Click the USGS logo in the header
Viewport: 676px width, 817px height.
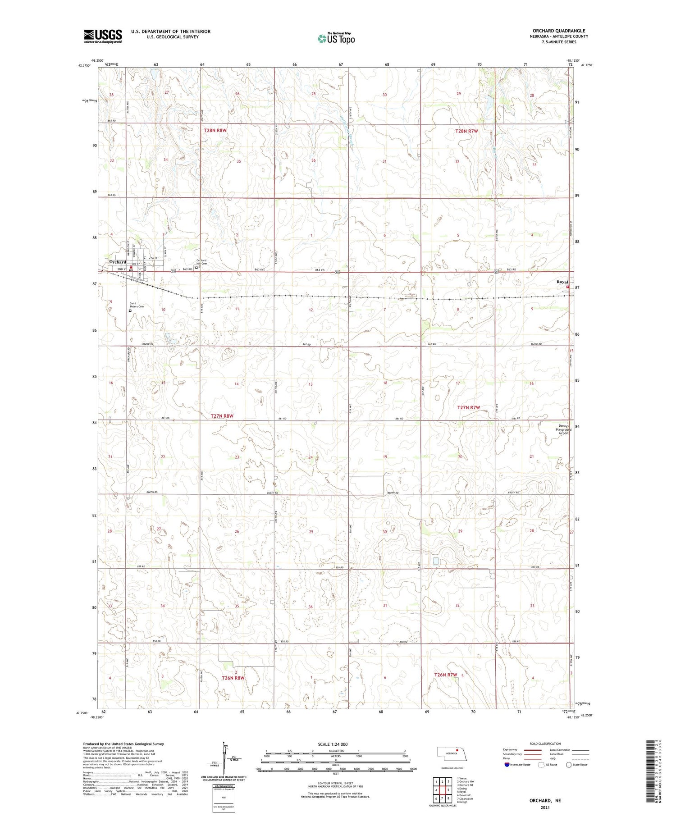103,36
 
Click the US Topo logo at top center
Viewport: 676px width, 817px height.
336,39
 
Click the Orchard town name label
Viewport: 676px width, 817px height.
118,262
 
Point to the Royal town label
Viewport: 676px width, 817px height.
562,282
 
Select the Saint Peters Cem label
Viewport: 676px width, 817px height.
137,305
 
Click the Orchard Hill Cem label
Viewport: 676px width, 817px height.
201,262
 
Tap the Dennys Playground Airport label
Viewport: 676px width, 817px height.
563,429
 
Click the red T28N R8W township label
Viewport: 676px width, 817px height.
215,130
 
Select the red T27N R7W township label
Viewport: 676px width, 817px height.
469,407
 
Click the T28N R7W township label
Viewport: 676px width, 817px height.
466,131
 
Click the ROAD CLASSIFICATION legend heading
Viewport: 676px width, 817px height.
545,744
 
